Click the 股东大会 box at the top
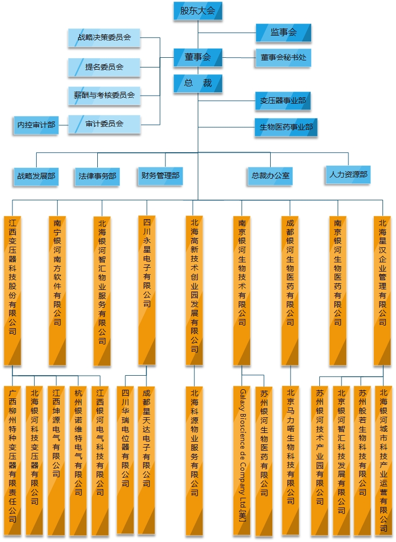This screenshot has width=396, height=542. [197, 11]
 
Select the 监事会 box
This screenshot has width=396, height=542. [283, 33]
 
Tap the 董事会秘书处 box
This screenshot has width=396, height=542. [283, 58]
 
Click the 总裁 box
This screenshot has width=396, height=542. [197, 83]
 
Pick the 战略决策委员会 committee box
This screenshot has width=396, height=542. [104, 38]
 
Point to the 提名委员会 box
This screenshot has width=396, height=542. [104, 67]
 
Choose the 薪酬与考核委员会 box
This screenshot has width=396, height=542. [104, 96]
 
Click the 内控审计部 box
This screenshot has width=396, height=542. [36, 125]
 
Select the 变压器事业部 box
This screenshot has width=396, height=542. [283, 100]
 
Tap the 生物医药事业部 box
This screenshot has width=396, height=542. [286, 127]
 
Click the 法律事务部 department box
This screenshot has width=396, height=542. [97, 176]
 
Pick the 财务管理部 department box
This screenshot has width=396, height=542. [160, 175]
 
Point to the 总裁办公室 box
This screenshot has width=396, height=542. [270, 175]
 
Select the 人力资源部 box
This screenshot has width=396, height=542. [348, 175]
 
